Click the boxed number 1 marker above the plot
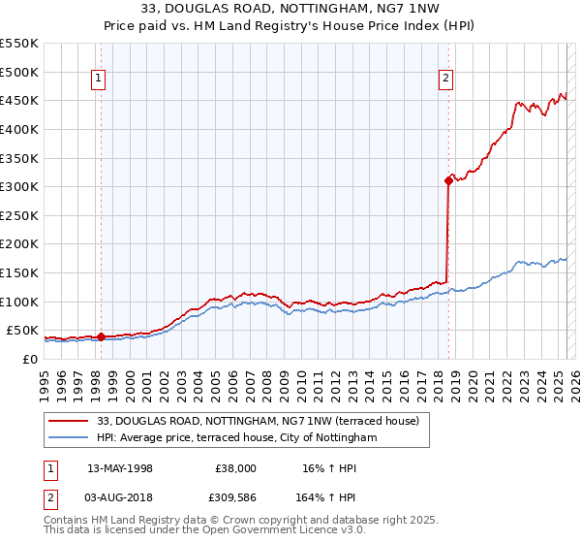click(100, 80)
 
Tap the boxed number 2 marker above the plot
click(445, 80)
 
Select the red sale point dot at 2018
click(448, 180)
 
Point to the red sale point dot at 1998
click(101, 336)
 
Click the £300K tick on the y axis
click(19, 186)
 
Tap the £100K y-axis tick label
click(19, 302)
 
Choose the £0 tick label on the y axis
click(29, 359)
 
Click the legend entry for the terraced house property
click(258, 421)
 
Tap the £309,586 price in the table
click(231, 498)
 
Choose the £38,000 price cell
click(235, 467)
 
